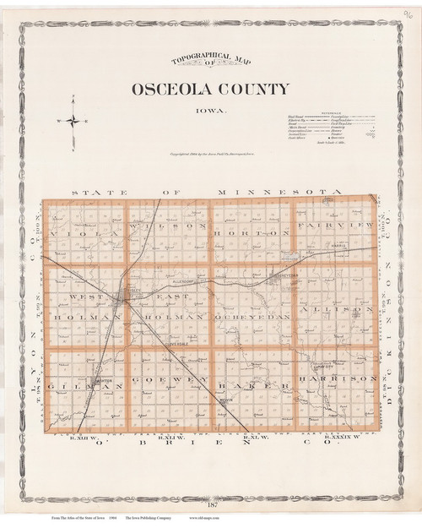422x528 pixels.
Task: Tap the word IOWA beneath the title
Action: point(211,108)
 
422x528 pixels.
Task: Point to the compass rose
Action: point(74,122)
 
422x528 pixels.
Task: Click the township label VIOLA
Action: point(73,227)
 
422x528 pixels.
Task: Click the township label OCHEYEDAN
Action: point(253,315)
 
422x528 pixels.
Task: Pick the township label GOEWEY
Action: point(170,386)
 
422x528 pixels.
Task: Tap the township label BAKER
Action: point(259,386)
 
